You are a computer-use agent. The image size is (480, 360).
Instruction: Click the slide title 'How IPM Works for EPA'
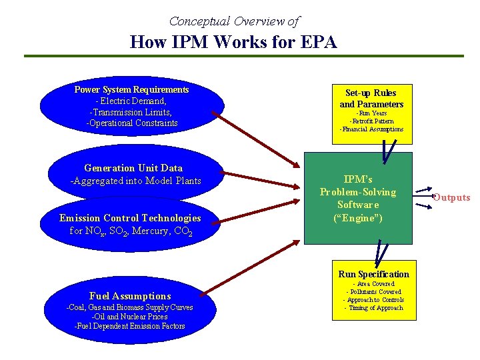[x=233, y=43]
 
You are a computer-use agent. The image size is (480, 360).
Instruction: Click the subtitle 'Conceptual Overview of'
[x=234, y=21]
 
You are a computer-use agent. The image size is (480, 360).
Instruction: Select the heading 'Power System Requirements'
[x=131, y=89]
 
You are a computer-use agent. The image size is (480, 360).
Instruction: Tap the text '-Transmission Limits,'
[x=131, y=112]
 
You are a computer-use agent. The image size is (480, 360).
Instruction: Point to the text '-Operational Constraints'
[x=132, y=123]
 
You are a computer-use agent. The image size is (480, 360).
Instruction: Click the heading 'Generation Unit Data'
[x=133, y=168]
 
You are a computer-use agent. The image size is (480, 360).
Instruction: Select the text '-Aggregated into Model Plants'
[x=135, y=181]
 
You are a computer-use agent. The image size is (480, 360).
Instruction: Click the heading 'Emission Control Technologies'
[x=130, y=218]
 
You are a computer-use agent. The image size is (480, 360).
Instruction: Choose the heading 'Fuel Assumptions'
[x=130, y=296]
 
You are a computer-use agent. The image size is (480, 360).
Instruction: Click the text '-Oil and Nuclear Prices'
[x=130, y=317]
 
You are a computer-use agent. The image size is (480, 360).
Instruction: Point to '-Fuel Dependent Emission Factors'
[x=130, y=326]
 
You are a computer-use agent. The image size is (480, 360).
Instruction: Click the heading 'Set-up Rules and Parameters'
[x=371, y=99]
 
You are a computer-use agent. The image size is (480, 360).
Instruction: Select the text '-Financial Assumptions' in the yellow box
[x=371, y=129]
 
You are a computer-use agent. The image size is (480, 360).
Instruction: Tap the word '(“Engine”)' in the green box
[x=358, y=217]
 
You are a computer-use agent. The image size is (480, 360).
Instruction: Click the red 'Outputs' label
[x=451, y=197]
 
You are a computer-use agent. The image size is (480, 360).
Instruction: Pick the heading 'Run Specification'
[x=373, y=274]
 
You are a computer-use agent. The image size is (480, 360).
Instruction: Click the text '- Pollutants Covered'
[x=373, y=292]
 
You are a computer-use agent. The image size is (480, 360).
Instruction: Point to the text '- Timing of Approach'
[x=373, y=308]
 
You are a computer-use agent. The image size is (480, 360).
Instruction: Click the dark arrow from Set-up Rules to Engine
[x=388, y=153]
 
